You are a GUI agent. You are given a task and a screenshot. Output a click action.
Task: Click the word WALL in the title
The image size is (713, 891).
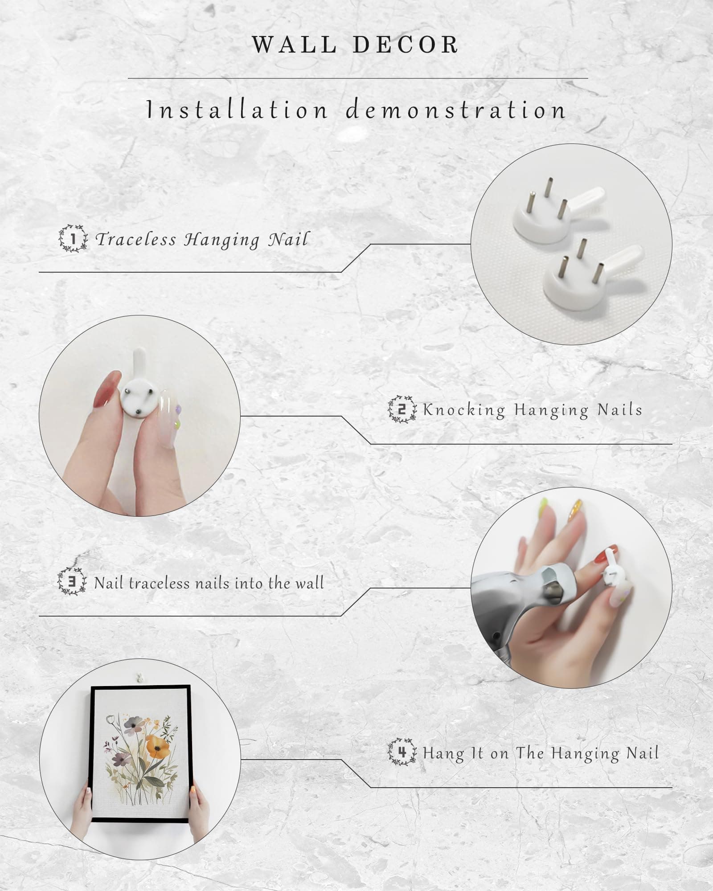click(x=294, y=45)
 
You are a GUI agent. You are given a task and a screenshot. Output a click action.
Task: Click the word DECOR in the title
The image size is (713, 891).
click(x=406, y=45)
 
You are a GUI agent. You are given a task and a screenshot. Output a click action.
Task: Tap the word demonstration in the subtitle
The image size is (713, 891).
click(x=456, y=110)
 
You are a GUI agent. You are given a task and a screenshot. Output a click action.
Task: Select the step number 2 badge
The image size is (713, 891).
click(x=402, y=409)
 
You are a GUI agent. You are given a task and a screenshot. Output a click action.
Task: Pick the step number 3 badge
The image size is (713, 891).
click(x=72, y=581)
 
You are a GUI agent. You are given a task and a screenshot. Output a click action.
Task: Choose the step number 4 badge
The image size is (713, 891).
click(x=402, y=752)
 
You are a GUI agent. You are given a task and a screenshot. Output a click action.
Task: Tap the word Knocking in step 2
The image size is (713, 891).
click(x=464, y=410)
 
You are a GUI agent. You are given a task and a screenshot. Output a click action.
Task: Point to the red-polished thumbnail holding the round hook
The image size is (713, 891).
click(x=108, y=390)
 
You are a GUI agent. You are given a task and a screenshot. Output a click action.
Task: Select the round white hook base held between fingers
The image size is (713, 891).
click(x=138, y=396)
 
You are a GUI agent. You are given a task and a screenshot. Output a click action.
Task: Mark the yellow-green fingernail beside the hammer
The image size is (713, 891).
click(x=543, y=507)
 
